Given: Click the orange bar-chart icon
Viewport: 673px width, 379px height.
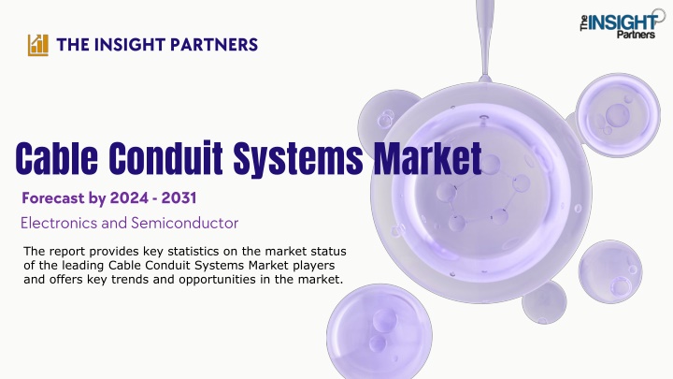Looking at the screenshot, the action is (x=38, y=45).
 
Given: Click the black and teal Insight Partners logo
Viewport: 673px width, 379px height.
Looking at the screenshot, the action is (x=622, y=23).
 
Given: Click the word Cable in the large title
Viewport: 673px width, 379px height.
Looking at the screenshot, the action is (x=57, y=158).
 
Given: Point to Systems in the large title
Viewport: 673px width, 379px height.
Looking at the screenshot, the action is (x=298, y=159).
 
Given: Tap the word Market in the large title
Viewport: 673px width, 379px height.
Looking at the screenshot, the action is (x=427, y=158).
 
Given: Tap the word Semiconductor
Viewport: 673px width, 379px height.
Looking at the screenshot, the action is (x=184, y=223).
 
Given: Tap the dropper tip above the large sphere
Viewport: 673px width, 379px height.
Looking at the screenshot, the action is (x=485, y=79).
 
